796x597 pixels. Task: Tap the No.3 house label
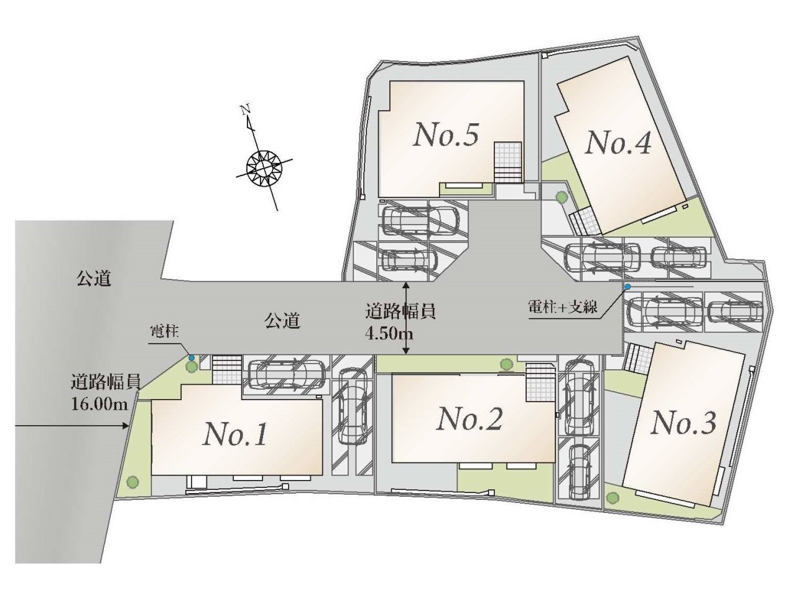click(x=683, y=423)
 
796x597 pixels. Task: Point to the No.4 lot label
click(x=618, y=144)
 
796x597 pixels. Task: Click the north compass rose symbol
click(x=264, y=167)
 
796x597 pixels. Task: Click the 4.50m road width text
click(x=390, y=334)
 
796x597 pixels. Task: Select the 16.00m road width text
click(x=99, y=404)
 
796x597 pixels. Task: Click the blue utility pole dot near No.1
click(x=191, y=357)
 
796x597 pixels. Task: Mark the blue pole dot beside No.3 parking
click(x=627, y=287)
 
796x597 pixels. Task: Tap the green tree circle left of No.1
click(x=132, y=481)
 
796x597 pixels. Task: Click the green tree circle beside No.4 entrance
click(x=562, y=197)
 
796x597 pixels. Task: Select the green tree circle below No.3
click(x=613, y=497)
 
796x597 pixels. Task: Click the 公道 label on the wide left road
click(x=94, y=278)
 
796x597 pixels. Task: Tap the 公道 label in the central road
click(x=282, y=321)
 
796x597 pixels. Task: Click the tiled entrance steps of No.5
click(x=507, y=161)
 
